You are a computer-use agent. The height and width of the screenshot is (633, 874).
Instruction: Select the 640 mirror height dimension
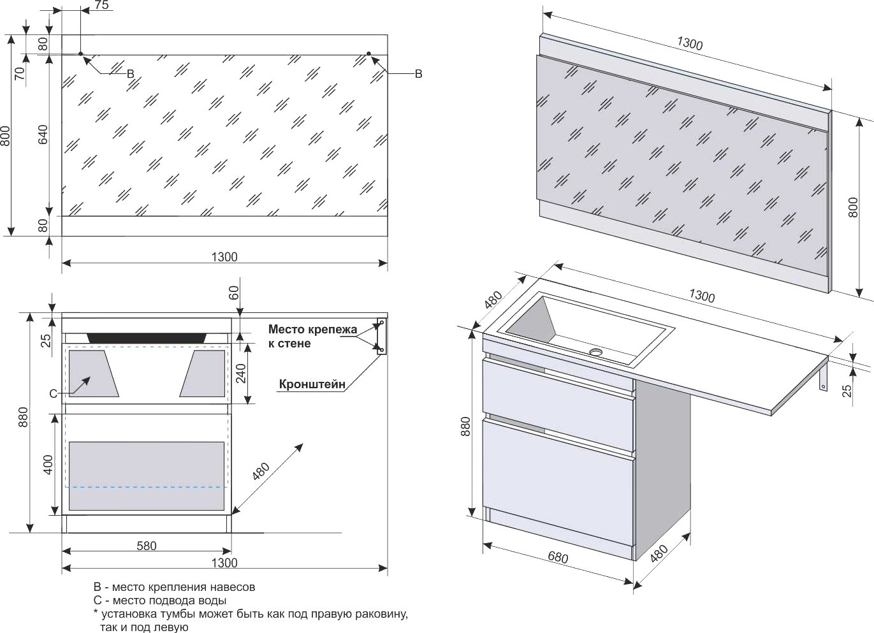click(x=43, y=134)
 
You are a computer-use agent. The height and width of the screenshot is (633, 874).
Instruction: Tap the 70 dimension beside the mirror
click(x=19, y=73)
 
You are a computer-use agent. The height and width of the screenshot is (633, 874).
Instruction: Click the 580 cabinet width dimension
click(x=146, y=546)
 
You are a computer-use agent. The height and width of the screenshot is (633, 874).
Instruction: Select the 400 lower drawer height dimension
click(x=48, y=465)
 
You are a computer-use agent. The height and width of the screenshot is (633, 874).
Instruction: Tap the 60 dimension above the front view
click(x=233, y=293)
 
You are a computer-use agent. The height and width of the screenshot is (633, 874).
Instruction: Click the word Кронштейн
click(x=312, y=384)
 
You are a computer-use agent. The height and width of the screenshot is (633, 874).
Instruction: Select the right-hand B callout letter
click(x=418, y=75)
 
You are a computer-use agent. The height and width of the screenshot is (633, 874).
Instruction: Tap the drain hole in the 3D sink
click(x=596, y=351)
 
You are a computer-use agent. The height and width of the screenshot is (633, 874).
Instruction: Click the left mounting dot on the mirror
click(x=80, y=54)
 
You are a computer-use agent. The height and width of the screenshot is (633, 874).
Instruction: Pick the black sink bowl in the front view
click(x=146, y=338)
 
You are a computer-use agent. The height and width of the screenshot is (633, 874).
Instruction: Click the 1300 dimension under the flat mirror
click(x=224, y=257)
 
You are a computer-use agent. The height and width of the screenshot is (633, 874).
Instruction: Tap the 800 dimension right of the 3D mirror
click(x=854, y=207)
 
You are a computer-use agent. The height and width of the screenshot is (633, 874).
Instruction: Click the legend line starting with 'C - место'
click(x=159, y=600)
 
